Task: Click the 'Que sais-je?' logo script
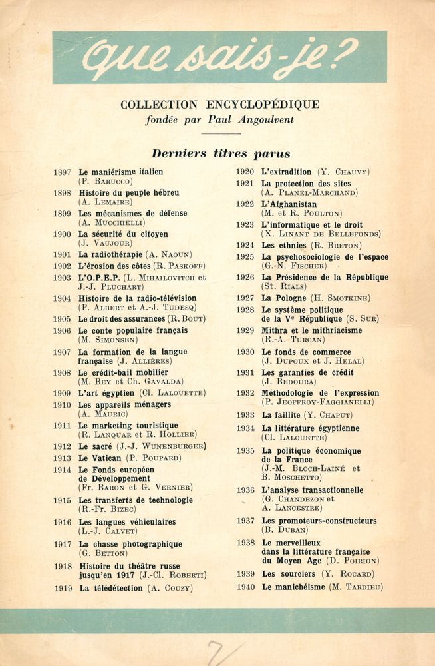click(x=219, y=57)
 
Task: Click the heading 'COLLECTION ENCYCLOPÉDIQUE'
click(x=219, y=105)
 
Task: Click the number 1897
click(x=62, y=172)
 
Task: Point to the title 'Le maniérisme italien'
click(x=120, y=172)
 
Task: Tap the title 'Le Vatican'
click(x=100, y=458)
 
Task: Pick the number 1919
click(x=62, y=588)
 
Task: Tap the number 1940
click(x=245, y=587)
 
